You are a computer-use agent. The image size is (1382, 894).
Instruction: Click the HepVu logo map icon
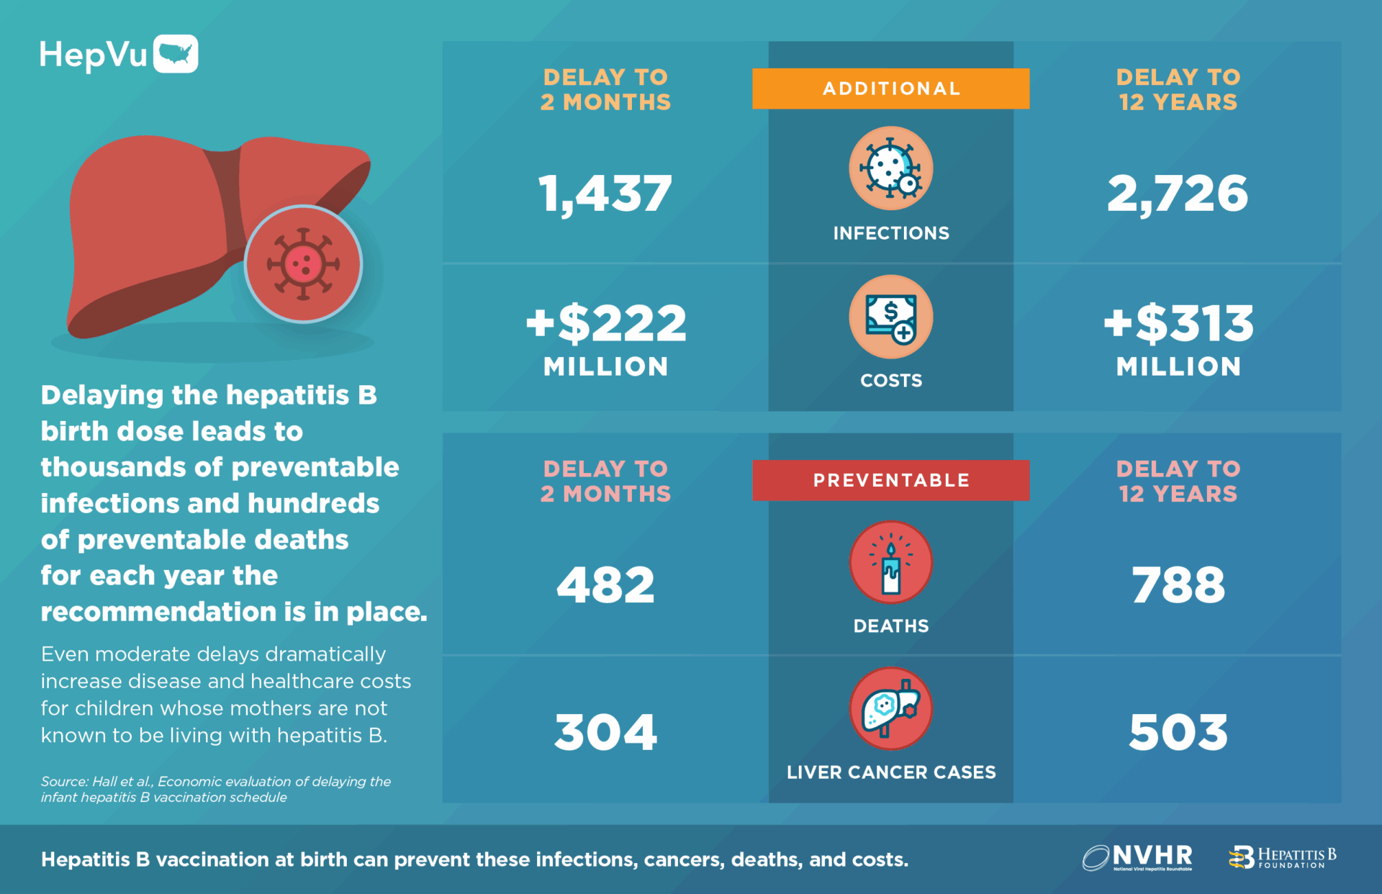[x=176, y=54]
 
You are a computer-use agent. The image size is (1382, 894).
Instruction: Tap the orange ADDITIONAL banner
[x=890, y=89]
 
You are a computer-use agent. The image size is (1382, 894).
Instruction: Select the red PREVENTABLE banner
[x=890, y=480]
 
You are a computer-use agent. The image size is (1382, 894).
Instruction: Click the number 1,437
[x=605, y=194]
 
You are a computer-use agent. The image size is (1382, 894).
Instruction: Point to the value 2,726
[x=1178, y=194]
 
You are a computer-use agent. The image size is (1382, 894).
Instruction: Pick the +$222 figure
[x=606, y=323]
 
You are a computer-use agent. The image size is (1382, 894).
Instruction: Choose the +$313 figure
[x=1178, y=323]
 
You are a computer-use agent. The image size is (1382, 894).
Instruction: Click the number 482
[x=605, y=584]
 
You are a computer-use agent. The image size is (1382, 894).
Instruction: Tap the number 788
[x=1178, y=584]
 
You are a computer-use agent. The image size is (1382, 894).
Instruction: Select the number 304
[x=605, y=733]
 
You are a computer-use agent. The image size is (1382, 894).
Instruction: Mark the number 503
[x=1178, y=733]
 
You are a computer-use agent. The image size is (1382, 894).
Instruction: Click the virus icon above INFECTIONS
[x=890, y=168]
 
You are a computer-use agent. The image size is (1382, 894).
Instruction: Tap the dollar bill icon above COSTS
[x=890, y=317]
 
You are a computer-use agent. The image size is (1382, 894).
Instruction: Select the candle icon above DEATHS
[x=890, y=563]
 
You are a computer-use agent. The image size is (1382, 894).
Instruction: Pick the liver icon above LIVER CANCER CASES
[x=890, y=709]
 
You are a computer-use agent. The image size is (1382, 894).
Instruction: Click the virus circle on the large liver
[x=303, y=264]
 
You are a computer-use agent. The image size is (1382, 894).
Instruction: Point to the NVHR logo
[x=1137, y=857]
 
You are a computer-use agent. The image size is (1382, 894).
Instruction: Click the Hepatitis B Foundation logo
[x=1282, y=857]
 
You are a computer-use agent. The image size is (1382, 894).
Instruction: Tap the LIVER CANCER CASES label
[x=890, y=772]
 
